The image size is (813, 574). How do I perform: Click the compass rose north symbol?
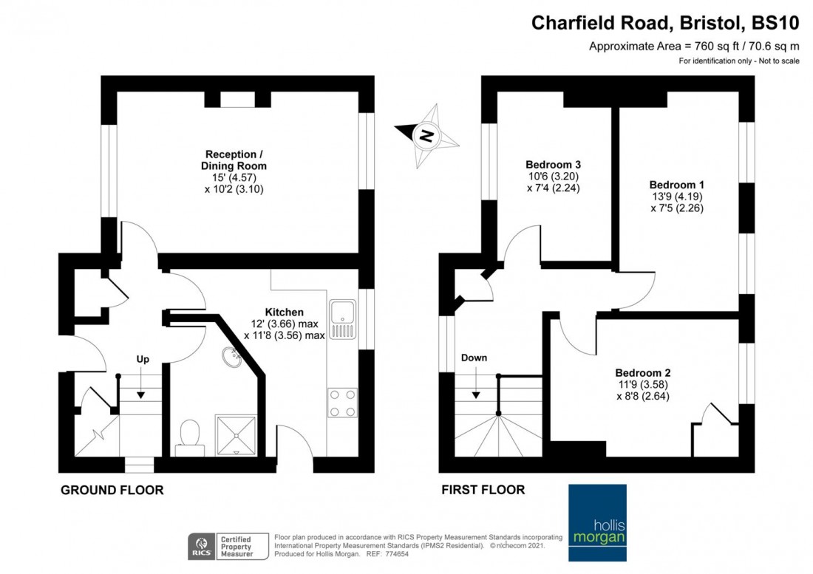tap(423, 134)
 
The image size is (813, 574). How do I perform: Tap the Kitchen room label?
tap(284, 312)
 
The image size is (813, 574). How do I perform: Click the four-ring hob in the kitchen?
tap(342, 403)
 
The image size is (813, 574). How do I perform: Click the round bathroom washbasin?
tap(231, 358)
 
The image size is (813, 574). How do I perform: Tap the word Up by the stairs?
tap(143, 359)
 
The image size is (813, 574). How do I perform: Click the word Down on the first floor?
tap(474, 358)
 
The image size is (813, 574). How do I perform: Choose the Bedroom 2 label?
tap(642, 372)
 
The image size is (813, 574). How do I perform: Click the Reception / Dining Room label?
tap(234, 160)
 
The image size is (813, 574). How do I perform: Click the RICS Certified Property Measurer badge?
tap(222, 546)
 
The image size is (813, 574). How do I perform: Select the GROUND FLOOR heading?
tap(112, 490)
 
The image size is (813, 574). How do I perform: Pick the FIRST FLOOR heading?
tap(483, 490)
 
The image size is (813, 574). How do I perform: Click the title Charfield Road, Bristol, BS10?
tap(665, 23)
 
